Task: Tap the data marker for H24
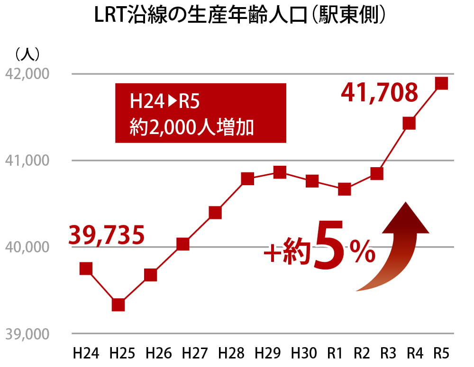pyautogui.click(x=86, y=269)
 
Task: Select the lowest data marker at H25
pyautogui.click(x=118, y=304)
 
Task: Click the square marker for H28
pyautogui.click(x=247, y=179)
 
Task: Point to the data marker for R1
pyautogui.click(x=345, y=189)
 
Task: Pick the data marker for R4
pyautogui.click(x=409, y=123)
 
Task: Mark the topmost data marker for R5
pyautogui.click(x=441, y=83)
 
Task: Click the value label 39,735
pyautogui.click(x=107, y=235)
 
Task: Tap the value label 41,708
pyautogui.click(x=380, y=93)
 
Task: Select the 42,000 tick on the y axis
pyautogui.click(x=27, y=74)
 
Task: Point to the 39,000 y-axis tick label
pyautogui.click(x=27, y=334)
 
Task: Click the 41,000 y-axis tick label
pyautogui.click(x=27, y=161)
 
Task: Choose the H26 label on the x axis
pyautogui.click(x=158, y=353)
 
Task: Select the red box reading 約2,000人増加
pyautogui.click(x=201, y=113)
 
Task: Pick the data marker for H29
pyautogui.click(x=280, y=172)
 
